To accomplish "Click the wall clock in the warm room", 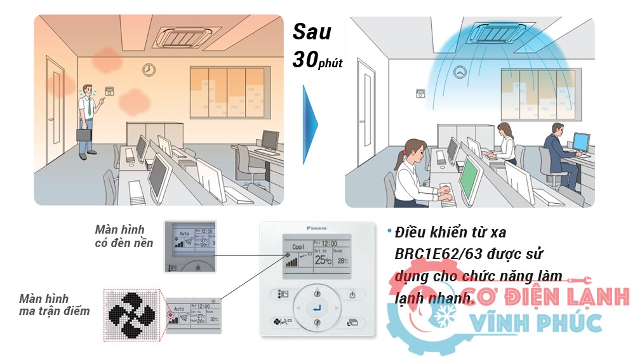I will [149, 69].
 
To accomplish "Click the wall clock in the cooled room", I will [460, 72].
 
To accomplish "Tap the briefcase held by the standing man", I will [84, 135].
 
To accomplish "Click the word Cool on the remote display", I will [297, 246].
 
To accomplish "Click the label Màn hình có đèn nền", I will [124, 236].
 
